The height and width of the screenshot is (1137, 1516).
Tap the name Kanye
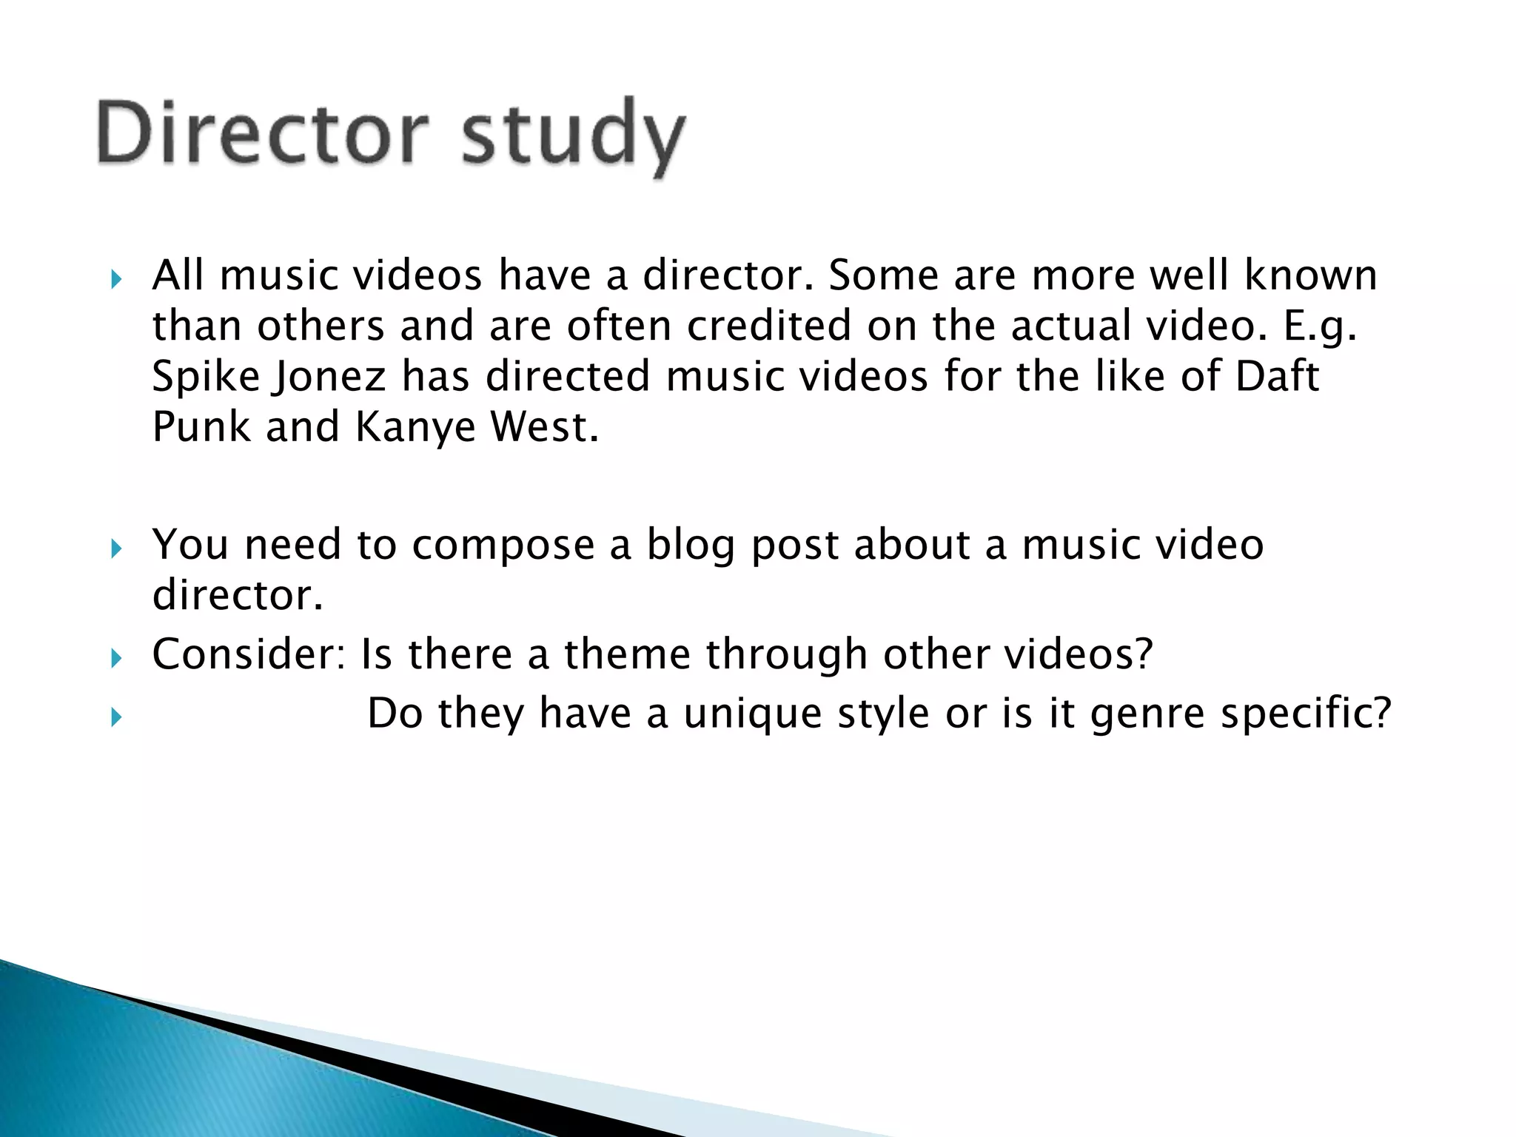tap(415, 427)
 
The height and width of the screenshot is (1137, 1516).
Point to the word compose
tap(503, 545)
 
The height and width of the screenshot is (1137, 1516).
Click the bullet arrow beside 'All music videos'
tap(116, 280)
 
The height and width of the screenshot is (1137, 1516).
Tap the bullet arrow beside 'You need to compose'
tap(116, 549)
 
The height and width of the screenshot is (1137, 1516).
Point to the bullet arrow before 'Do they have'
tap(116, 717)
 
